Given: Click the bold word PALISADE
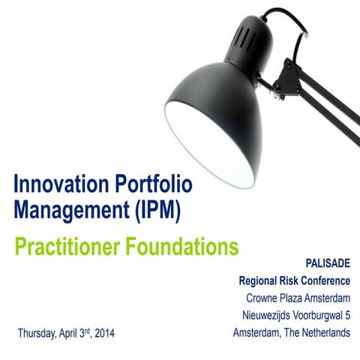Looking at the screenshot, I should (328, 265).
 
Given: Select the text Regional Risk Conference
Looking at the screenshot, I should (294, 282).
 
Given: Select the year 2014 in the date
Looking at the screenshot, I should (105, 332).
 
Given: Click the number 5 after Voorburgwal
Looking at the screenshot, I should (347, 315).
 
